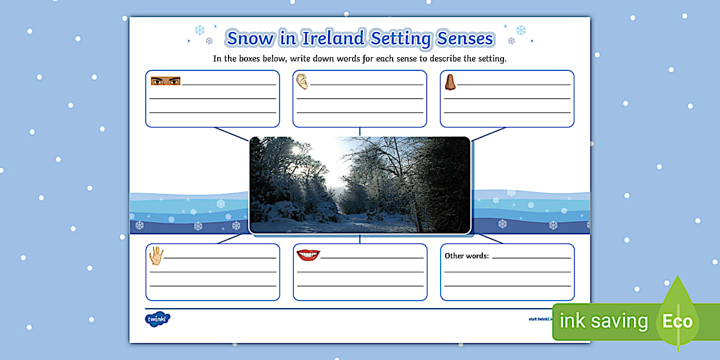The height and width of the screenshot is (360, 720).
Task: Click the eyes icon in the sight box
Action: tap(165, 81)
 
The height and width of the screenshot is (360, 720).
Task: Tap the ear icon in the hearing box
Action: tap(302, 82)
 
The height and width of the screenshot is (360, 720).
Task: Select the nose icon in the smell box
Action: tap(450, 82)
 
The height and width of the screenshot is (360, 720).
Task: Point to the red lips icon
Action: tap(308, 255)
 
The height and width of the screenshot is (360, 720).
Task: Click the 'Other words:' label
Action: tap(467, 256)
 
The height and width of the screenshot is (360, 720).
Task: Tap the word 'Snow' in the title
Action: tap(245, 38)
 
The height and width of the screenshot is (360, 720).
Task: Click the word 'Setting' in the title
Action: tap(401, 39)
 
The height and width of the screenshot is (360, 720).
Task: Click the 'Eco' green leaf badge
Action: tap(677, 321)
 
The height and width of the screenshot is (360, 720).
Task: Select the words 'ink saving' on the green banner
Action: tap(603, 321)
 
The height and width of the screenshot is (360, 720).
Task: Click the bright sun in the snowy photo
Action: tap(295, 150)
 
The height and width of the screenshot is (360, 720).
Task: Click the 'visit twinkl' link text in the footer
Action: tap(541, 319)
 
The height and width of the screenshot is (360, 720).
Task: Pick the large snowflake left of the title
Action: tap(199, 30)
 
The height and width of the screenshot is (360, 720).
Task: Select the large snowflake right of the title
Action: tap(521, 30)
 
